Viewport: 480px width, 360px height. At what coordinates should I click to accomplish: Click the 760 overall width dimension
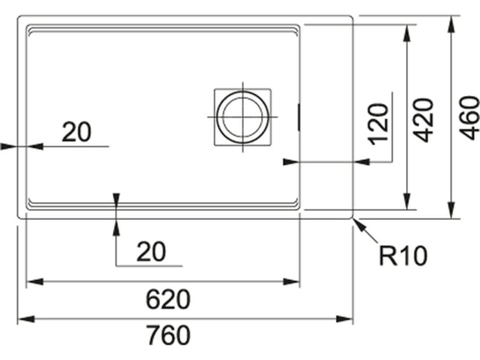168,336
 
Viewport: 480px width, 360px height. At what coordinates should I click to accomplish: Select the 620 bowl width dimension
168,300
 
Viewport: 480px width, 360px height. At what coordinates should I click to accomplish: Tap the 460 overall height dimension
469,118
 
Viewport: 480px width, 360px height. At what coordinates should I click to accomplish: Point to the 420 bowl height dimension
422,120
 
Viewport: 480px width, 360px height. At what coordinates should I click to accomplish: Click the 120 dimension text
379,124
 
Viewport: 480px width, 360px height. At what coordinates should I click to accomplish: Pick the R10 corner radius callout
403,255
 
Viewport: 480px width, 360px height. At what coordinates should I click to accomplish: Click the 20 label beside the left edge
77,132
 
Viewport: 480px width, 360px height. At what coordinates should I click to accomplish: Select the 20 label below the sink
151,251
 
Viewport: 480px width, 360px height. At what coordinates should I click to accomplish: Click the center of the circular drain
243,117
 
